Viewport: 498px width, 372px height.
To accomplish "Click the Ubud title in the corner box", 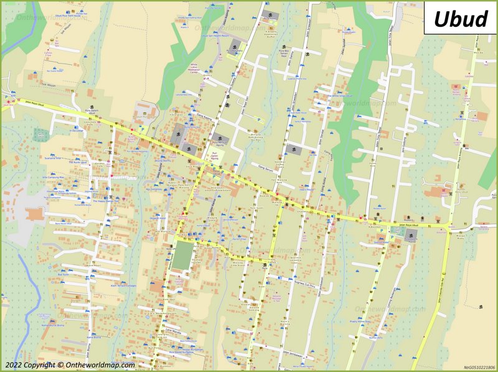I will [x=460, y=19].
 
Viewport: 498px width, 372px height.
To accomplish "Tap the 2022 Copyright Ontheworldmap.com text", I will [x=70, y=365].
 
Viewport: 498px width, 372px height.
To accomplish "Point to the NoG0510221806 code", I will [x=479, y=367].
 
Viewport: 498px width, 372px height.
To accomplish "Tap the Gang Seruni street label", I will [x=266, y=168].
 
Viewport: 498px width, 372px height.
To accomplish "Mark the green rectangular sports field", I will [x=181, y=256].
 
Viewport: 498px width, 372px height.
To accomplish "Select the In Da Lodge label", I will [x=77, y=131].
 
